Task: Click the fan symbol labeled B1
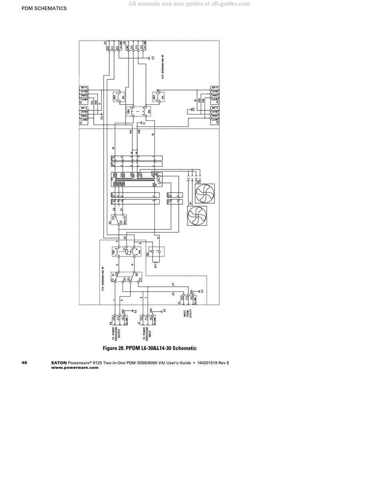click(x=197, y=216)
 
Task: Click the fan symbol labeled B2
click(x=205, y=194)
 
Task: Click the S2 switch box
click(x=118, y=220)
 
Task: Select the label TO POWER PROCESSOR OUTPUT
click(x=116, y=333)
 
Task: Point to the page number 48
click(x=24, y=363)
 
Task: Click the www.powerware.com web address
click(x=75, y=368)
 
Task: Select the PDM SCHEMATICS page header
click(x=44, y=8)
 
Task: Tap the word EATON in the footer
click(x=59, y=363)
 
